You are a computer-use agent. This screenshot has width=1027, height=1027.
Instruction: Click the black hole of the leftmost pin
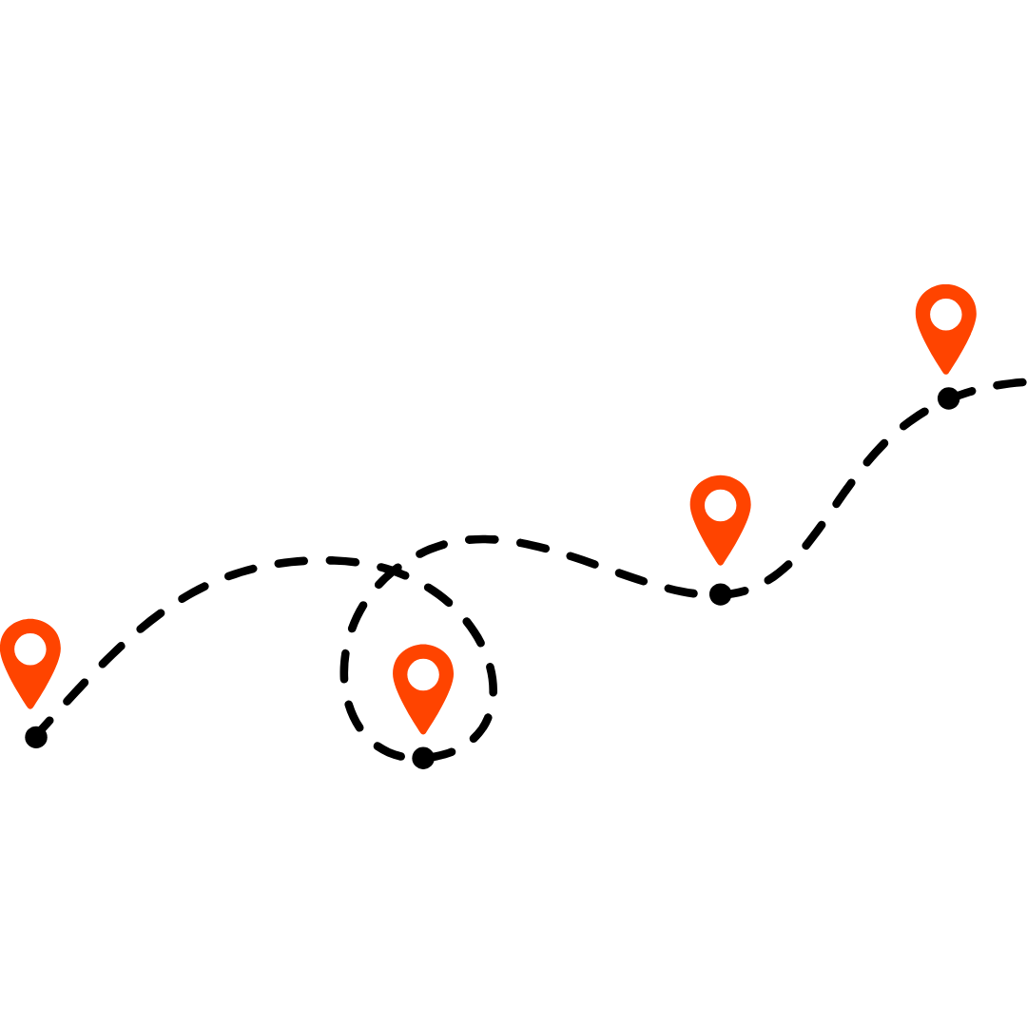[x=30, y=649]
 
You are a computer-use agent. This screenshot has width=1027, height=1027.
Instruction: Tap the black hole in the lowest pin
[x=423, y=675]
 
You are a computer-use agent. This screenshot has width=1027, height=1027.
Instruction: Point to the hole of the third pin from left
[x=720, y=506]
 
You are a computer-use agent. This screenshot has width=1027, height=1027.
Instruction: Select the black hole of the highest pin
[x=945, y=315]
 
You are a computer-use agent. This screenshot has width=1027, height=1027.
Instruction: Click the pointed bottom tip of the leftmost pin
[x=30, y=707]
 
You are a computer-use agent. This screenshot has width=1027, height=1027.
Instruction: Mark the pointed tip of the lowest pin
[x=423, y=732]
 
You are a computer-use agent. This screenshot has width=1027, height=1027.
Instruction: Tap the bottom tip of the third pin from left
[x=720, y=563]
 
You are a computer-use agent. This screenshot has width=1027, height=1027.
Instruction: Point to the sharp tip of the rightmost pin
[x=945, y=372]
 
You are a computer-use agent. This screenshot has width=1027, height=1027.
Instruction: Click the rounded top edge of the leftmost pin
[x=30, y=622]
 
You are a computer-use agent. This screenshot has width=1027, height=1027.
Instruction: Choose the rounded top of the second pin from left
[x=423, y=648]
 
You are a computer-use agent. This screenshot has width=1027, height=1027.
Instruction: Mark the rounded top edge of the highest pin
[x=945, y=287]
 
